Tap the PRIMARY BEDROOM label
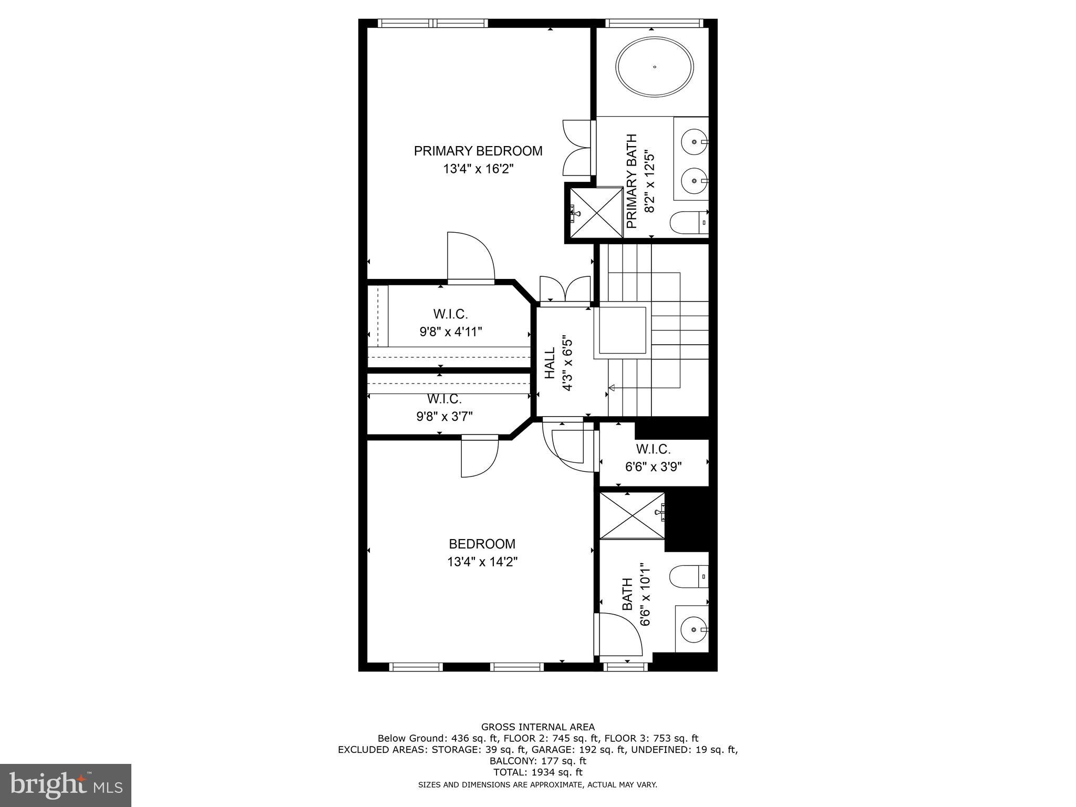click(478, 151)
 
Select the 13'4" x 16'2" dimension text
click(478, 169)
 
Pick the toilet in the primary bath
click(689, 222)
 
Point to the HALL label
click(550, 363)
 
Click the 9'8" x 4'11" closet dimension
click(450, 332)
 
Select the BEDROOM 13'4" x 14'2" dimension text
click(482, 562)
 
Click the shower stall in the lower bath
click(632, 515)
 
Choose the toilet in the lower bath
click(689, 577)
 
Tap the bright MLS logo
click(66, 785)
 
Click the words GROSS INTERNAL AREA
click(537, 727)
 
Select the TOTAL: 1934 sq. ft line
click(537, 772)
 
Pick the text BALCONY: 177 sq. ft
click(537, 761)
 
